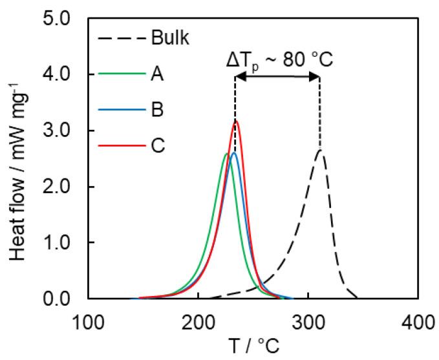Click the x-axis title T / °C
tap(253, 345)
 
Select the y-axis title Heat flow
tap(19, 158)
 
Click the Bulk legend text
tap(171, 39)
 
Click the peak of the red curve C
tap(236, 121)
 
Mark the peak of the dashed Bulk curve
tap(320, 150)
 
